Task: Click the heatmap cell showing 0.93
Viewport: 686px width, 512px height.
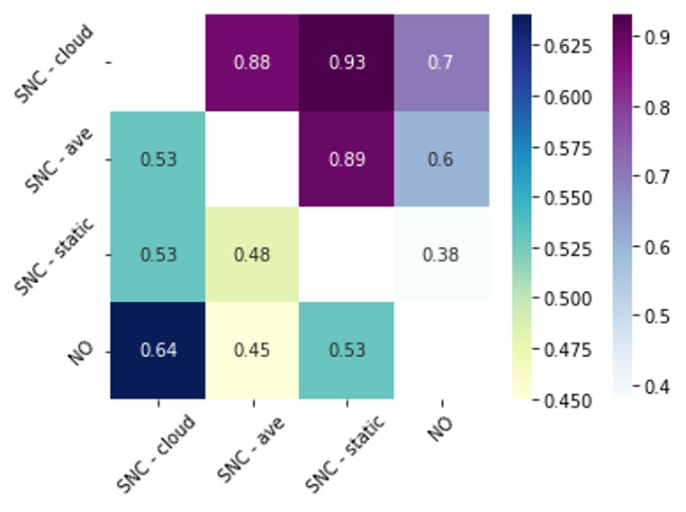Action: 347,63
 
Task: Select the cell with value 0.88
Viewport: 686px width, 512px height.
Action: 252,63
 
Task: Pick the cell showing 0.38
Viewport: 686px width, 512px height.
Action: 441,255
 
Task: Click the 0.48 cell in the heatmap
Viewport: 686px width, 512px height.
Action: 252,255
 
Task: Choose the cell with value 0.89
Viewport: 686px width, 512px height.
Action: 347,160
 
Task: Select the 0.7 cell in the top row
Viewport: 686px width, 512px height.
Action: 441,63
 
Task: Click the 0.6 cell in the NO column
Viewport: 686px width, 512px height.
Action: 441,160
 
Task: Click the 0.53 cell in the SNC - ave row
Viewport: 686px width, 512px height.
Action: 158,160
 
